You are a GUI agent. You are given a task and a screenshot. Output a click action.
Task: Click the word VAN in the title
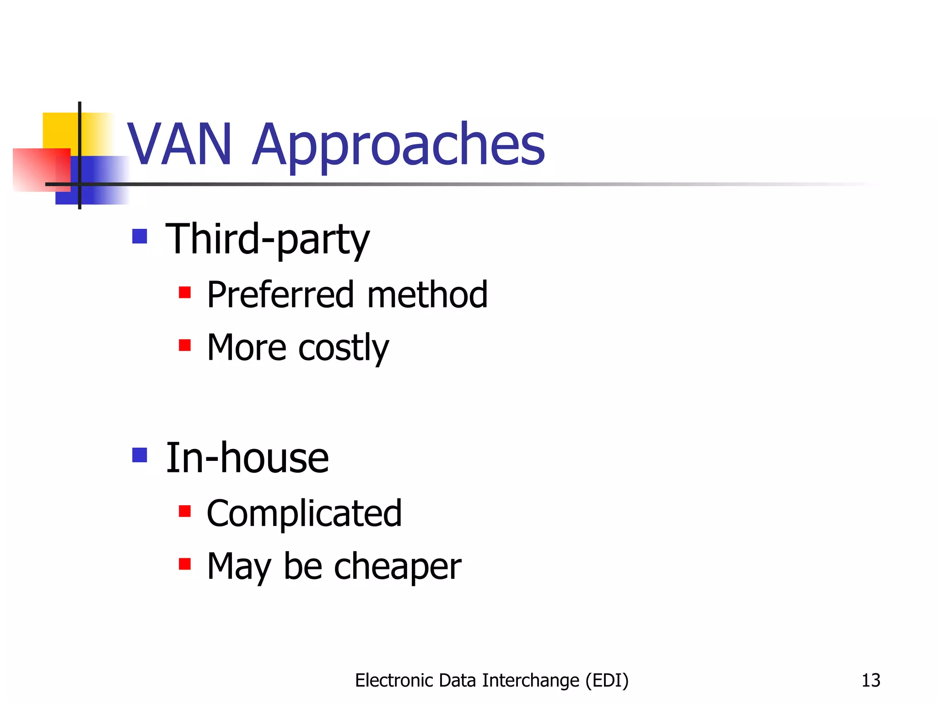[179, 145]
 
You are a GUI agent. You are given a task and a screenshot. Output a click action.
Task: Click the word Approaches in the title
[398, 146]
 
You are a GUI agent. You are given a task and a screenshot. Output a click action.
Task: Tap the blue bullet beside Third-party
[140, 237]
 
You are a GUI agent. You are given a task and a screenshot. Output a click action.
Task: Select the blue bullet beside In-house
[140, 455]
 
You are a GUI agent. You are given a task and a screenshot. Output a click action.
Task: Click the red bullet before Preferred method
[185, 292]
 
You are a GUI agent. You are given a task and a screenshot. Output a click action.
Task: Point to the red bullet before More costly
[185, 345]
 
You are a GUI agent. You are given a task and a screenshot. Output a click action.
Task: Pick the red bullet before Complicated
[185, 511]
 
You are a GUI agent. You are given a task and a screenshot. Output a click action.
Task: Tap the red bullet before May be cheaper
[185, 564]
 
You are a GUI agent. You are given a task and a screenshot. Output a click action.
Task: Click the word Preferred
[280, 295]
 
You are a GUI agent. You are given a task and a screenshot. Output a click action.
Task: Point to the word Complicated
[304, 514]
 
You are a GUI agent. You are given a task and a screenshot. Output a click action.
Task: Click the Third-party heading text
[267, 239]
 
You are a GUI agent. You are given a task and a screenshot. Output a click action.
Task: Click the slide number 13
[871, 681]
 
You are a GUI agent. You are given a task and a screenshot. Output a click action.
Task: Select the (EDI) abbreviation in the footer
[607, 681]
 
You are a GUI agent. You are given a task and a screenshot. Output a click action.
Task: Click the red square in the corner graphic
[34, 169]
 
